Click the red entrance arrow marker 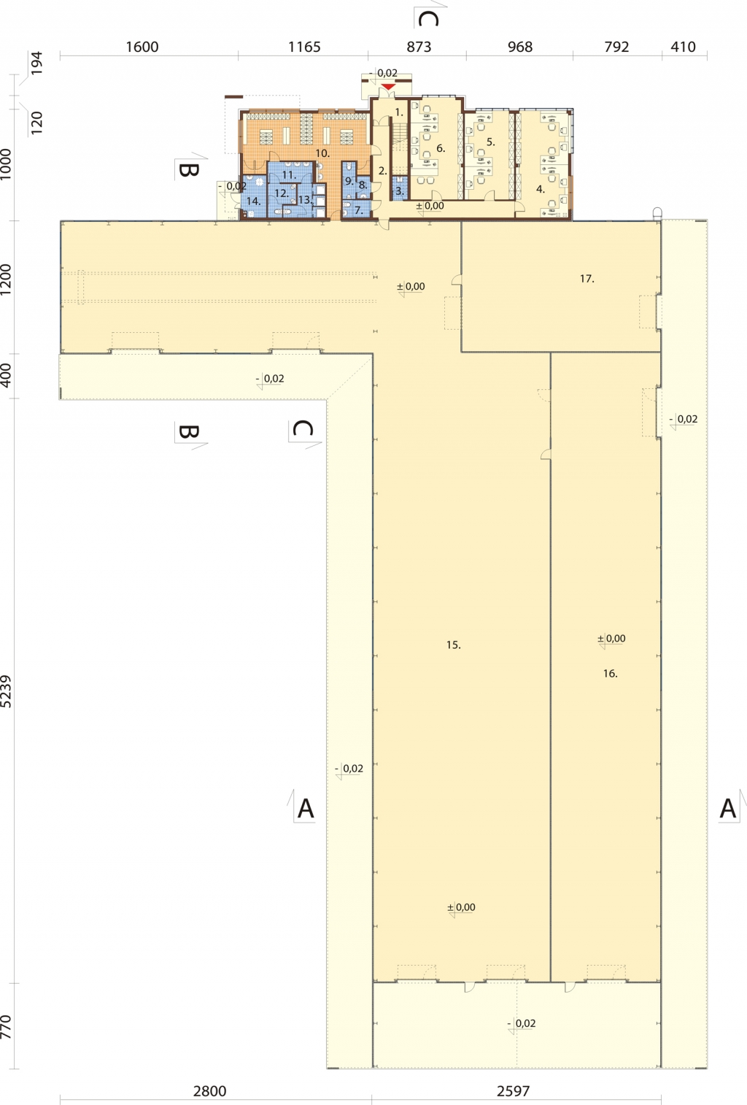(x=388, y=88)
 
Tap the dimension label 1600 (x=142, y=47)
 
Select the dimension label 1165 (x=304, y=47)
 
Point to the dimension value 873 (x=419, y=47)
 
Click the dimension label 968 (x=520, y=47)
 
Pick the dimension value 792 (x=616, y=47)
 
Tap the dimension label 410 (x=683, y=47)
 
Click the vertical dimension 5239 (x=6, y=691)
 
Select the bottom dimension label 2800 (x=209, y=1090)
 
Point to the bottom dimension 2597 (x=513, y=1090)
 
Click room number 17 (x=587, y=279)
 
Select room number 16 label (x=611, y=674)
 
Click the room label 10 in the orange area (x=322, y=153)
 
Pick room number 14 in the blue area (x=253, y=201)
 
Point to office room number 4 (x=541, y=189)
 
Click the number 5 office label (x=491, y=142)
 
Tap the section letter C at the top (x=428, y=19)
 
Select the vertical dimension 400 (x=6, y=375)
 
